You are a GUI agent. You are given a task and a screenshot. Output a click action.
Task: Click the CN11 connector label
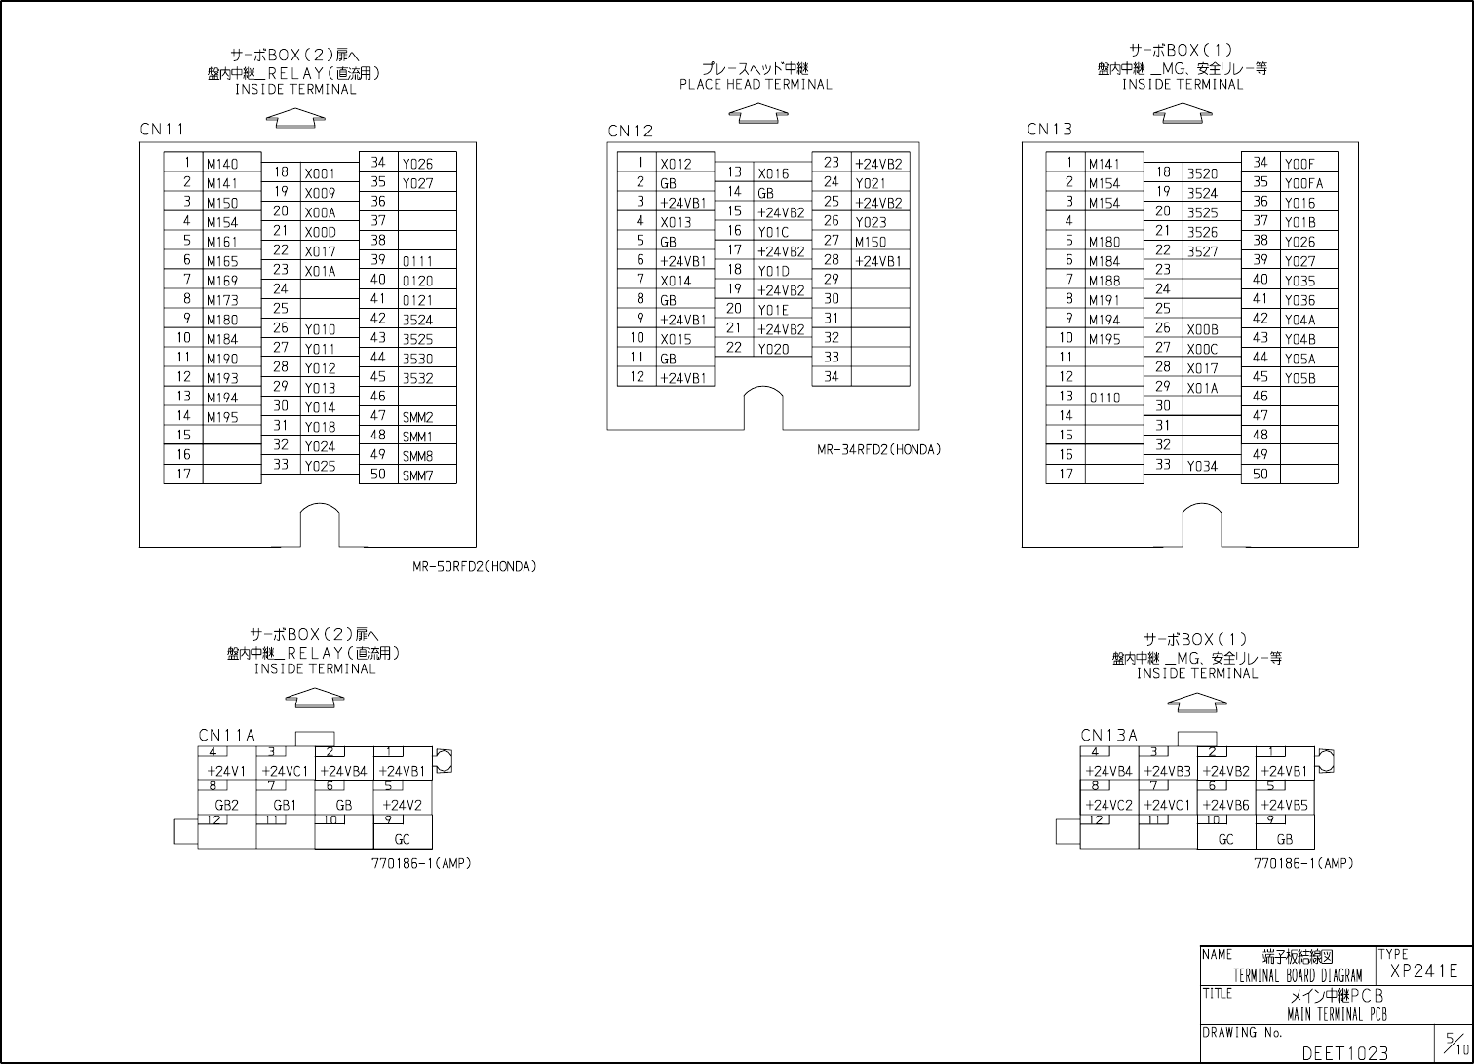[x=162, y=130]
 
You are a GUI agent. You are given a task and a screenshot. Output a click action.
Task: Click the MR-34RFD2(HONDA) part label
[x=878, y=450]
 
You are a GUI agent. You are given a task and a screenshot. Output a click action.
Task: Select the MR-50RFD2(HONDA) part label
[x=474, y=567]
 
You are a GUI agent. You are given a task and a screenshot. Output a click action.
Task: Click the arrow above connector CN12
[x=758, y=114]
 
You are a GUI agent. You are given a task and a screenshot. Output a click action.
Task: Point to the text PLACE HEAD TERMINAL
[x=756, y=85]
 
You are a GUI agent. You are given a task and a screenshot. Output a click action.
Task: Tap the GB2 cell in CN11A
[x=226, y=806]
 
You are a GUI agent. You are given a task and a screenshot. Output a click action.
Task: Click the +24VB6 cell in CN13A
[x=1225, y=806]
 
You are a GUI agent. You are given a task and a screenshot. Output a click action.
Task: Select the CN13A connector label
[x=1108, y=736]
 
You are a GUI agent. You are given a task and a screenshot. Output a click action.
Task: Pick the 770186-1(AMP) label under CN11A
[x=421, y=863]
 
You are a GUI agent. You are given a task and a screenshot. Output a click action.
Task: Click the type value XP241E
[x=1423, y=970]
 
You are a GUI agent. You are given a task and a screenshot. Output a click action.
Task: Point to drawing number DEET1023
[x=1344, y=1053]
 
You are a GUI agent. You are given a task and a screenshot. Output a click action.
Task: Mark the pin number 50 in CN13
[x=1261, y=475]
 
